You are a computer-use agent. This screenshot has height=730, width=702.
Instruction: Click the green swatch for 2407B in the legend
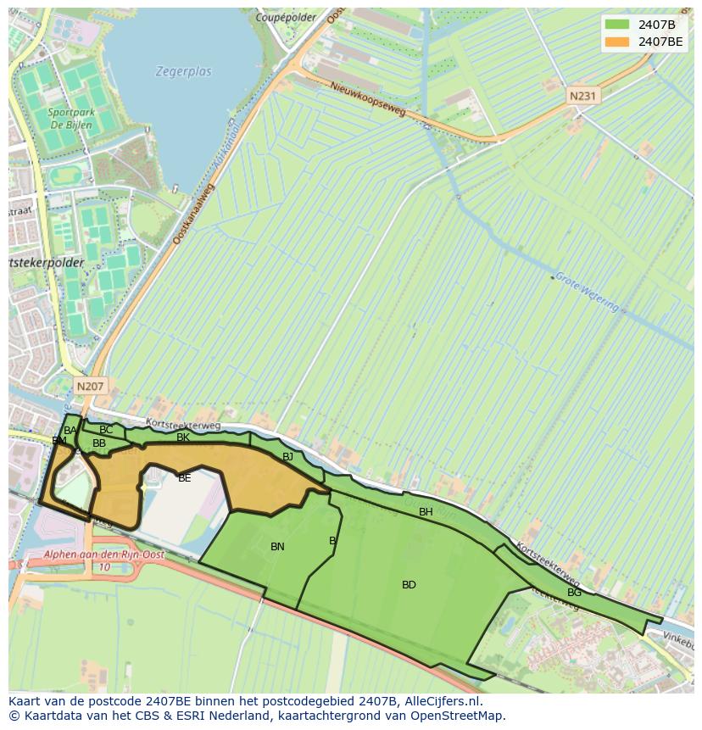point(617,25)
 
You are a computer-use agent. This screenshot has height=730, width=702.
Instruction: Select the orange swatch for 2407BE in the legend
point(617,41)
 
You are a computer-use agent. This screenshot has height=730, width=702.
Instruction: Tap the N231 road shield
point(582,96)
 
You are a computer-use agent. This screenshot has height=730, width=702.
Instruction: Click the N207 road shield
point(90,387)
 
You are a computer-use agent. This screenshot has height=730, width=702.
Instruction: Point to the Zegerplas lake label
point(183,72)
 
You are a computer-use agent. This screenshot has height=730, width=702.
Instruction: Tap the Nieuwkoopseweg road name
point(368,99)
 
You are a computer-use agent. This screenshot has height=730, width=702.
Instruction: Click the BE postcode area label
point(184,478)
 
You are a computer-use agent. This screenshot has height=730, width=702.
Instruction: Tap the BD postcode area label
point(409,585)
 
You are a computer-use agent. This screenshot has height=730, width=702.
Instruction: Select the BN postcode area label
point(277,547)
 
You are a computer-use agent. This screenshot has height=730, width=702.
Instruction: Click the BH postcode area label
point(426,512)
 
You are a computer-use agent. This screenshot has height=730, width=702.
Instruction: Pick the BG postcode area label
point(574,593)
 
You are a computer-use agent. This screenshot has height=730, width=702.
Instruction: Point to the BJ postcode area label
point(287,457)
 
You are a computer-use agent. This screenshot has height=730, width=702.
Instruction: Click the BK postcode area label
point(183,438)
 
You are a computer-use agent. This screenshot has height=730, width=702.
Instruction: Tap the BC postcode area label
point(106,430)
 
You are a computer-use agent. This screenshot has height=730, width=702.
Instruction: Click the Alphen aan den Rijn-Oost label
point(104,555)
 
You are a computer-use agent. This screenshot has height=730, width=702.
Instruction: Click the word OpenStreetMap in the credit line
point(459,716)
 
